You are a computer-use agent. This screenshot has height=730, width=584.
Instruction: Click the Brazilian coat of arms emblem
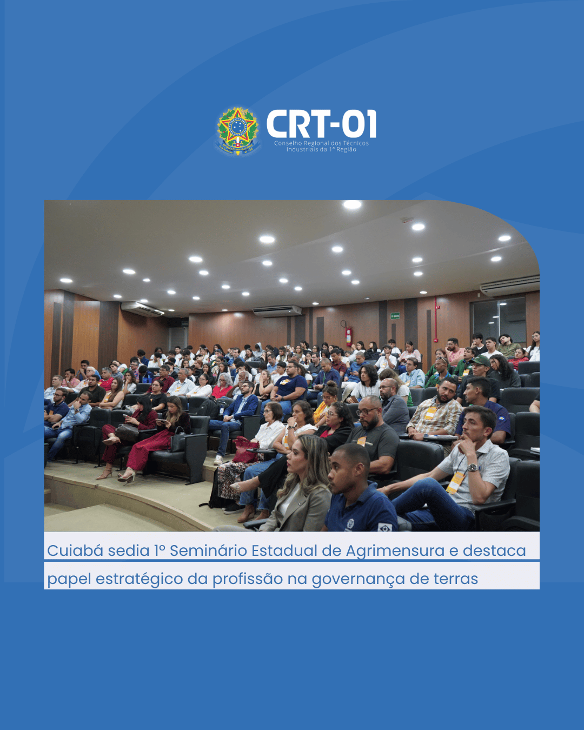[237, 131]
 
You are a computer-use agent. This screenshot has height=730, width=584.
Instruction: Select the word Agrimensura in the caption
[395, 551]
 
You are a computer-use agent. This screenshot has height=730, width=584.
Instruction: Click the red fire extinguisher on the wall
[348, 336]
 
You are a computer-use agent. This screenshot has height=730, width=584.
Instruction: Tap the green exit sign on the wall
[395, 316]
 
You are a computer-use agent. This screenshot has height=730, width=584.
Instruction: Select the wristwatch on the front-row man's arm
[473, 467]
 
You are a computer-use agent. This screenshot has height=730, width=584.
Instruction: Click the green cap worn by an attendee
[480, 360]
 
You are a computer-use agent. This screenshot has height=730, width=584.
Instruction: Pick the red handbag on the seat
[245, 450]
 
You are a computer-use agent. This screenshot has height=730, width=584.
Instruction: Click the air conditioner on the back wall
[277, 310]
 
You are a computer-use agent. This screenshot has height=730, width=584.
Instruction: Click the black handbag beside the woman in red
[178, 441]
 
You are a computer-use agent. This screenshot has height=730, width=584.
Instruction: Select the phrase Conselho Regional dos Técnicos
[321, 143]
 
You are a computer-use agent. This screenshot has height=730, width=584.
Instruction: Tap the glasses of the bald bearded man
[367, 412]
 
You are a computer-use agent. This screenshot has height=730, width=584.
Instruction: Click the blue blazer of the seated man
[242, 407]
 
